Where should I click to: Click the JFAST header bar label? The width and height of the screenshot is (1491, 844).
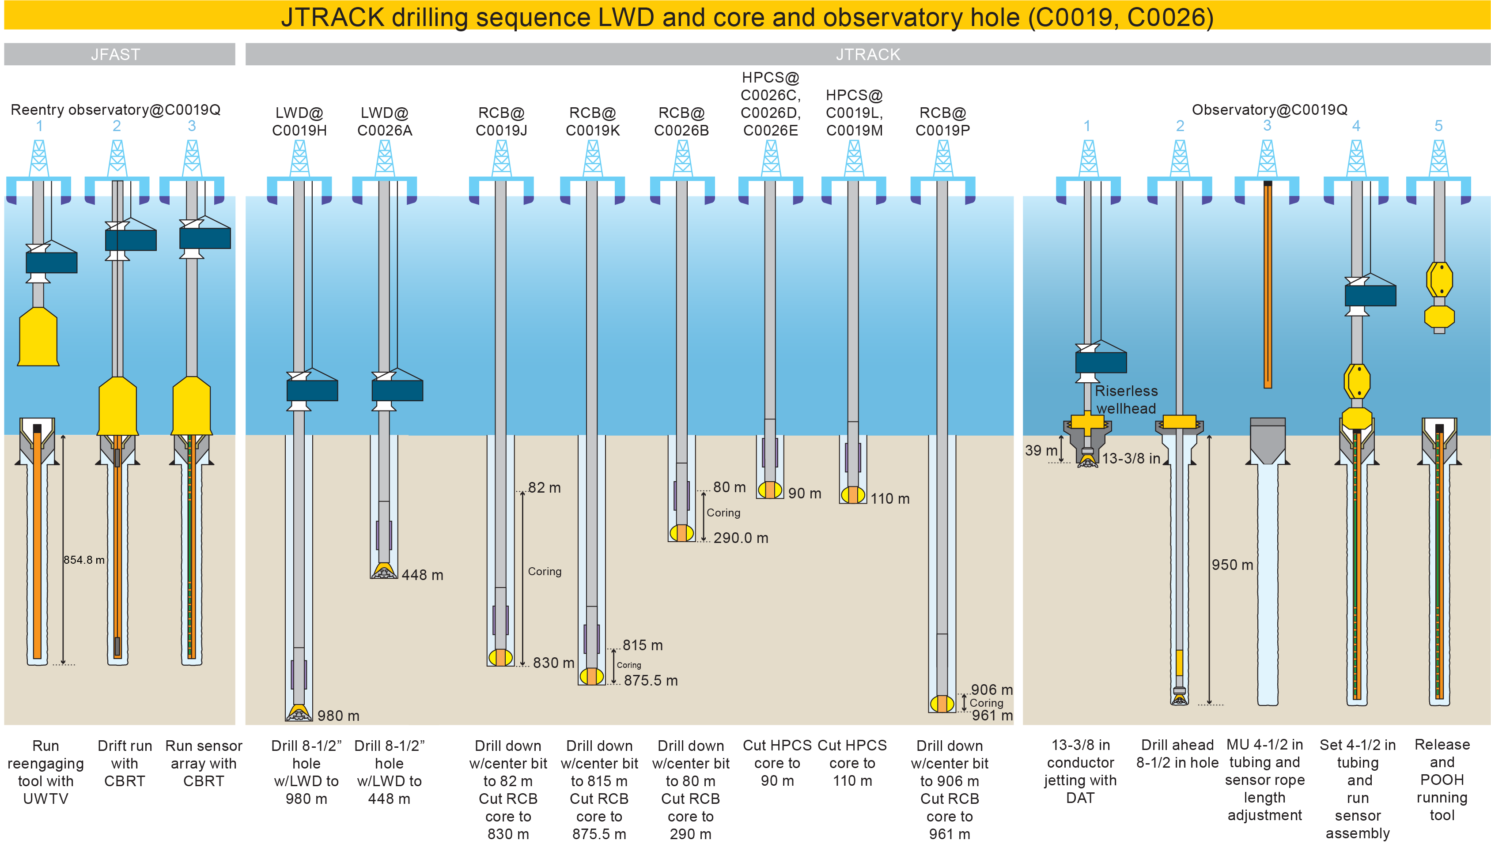coord(115,54)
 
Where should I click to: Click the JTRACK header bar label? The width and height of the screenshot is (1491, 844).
coord(867,54)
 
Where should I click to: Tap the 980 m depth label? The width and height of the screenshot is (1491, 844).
coord(338,716)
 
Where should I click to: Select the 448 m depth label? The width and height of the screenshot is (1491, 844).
coord(422,575)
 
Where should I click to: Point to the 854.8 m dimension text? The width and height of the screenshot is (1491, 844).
coord(84,560)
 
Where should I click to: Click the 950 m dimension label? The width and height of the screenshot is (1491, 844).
coord(1232,565)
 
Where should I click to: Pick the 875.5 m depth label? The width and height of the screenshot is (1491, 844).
coord(651,681)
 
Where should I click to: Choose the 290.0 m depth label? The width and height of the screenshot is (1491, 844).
coord(741,538)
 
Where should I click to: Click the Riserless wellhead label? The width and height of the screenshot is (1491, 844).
coord(1126,400)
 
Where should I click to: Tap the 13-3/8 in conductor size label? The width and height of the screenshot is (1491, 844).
coord(1131,459)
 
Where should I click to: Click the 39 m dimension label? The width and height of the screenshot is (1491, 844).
coord(1041,450)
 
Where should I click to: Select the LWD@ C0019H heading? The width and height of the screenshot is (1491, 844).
coord(299,122)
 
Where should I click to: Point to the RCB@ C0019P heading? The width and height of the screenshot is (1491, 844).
coord(942,122)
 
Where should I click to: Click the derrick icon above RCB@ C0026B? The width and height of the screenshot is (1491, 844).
coord(683,158)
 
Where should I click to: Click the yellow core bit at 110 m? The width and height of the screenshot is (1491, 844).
coord(853,495)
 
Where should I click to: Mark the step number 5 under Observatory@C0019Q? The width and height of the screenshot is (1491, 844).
coord(1438,126)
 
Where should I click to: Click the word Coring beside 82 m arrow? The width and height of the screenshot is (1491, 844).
coord(545,572)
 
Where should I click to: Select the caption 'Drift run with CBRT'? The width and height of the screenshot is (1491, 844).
coord(125,763)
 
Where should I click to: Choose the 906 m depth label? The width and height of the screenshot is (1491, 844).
coord(991,690)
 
